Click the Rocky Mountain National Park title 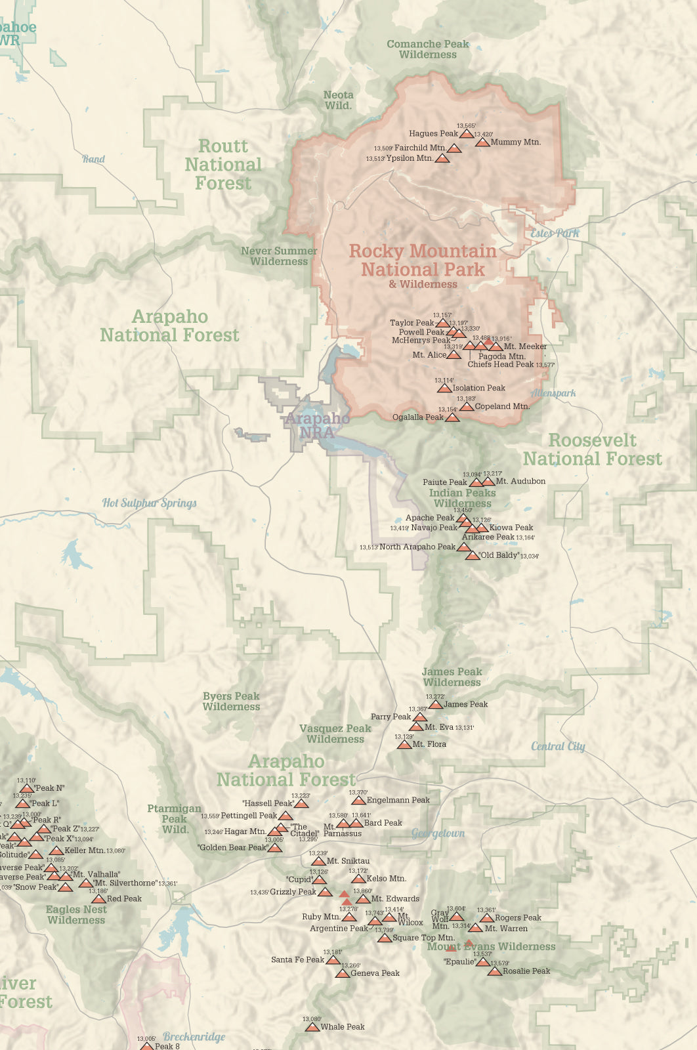pos(423,261)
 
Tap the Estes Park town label pos(555,233)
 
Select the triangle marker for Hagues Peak pos(466,134)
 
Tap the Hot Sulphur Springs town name pos(150,503)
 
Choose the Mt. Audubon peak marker pos(488,482)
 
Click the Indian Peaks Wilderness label pos(462,498)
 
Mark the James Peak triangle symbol pos(435,705)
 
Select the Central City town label pos(558,746)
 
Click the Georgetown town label pos(438,833)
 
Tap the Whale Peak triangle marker pos(312,1027)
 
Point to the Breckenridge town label pos(194,1037)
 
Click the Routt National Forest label pos(223,165)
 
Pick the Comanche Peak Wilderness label pos(428,49)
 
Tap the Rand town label pos(94,159)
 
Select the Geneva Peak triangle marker pos(342,973)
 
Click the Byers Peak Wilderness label pos(231,702)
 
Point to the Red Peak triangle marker pos(98,899)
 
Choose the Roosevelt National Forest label pos(593,450)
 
